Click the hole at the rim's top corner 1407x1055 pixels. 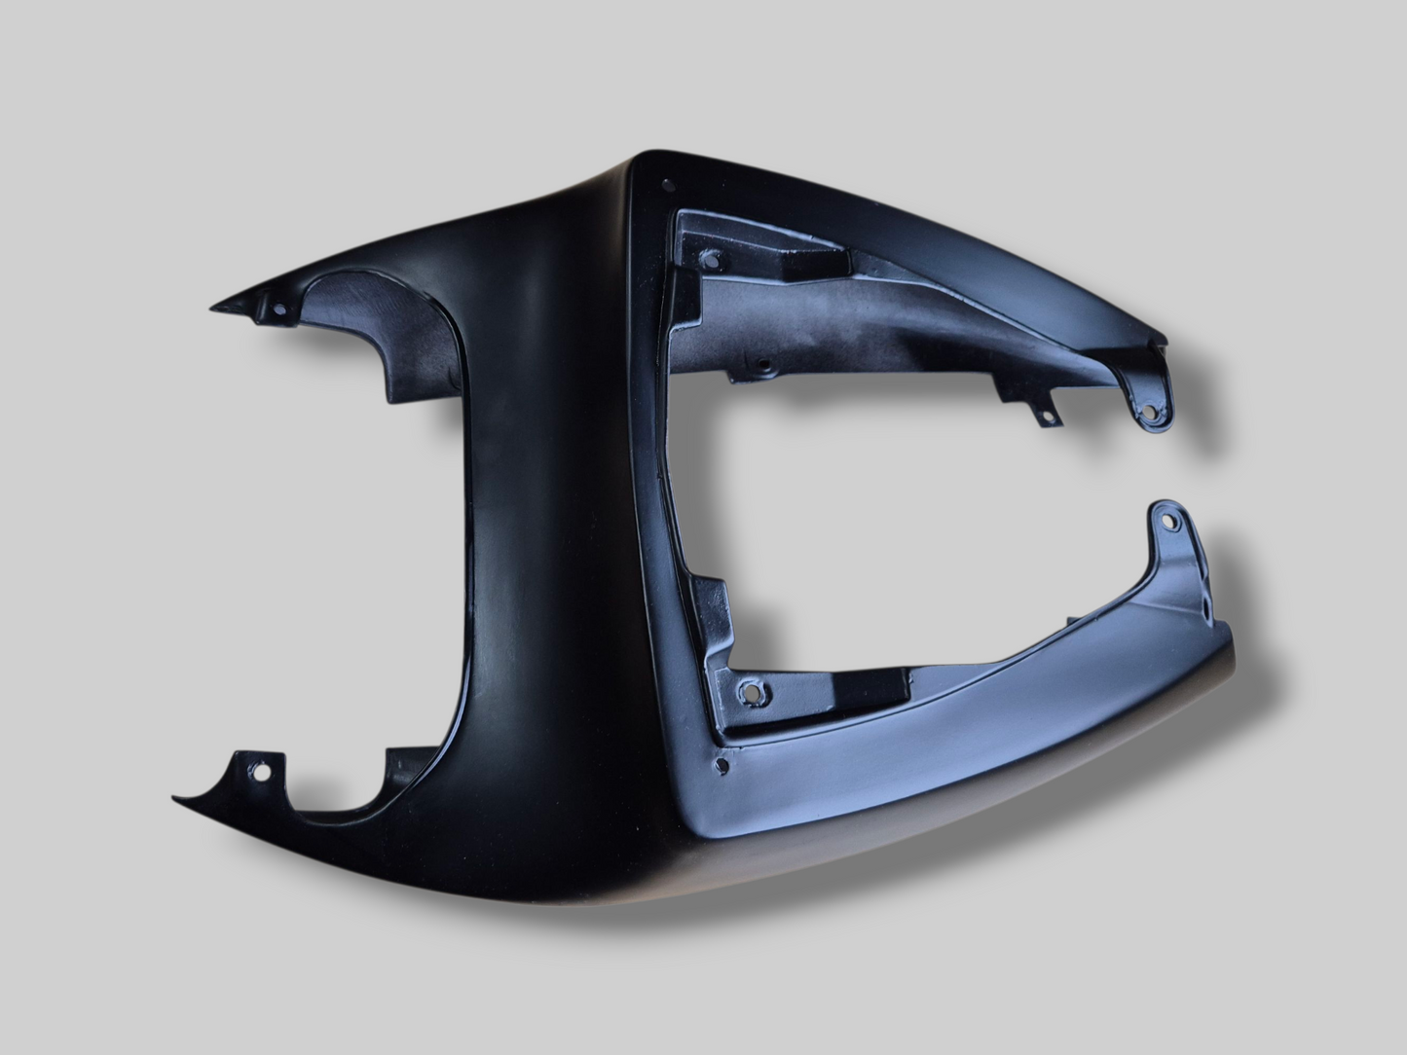[667, 184]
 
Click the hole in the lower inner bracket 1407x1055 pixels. [750, 693]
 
